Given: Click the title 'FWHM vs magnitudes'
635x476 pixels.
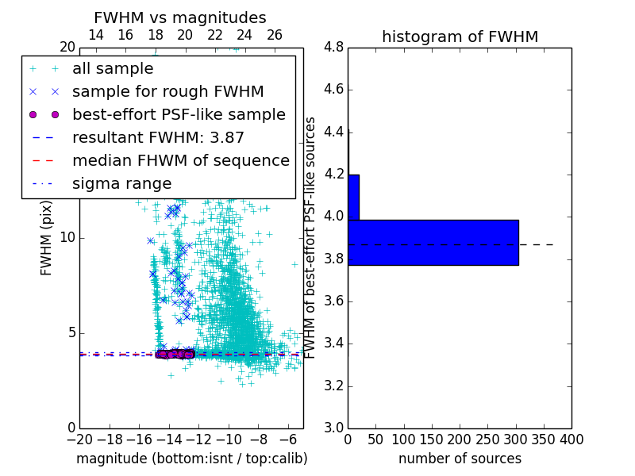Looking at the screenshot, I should tap(179, 18).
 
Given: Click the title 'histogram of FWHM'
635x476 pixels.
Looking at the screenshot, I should tap(460, 36).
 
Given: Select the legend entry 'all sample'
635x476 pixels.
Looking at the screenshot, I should tap(113, 69).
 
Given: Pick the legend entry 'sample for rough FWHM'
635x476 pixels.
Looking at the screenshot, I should tap(167, 91).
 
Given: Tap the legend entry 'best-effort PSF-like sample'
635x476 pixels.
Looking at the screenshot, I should tap(179, 114).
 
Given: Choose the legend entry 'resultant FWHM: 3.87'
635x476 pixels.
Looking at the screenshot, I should tap(158, 137).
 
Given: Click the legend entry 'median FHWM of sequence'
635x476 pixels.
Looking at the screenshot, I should tap(180, 160).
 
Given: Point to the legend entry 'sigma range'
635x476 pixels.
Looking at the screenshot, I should tap(121, 183).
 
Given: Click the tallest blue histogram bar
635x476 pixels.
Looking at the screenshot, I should tap(433, 243).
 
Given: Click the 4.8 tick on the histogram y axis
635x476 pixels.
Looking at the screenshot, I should tap(334, 48).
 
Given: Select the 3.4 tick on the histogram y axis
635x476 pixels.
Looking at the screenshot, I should tap(334, 344).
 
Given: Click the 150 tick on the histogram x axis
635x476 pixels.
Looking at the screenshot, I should tap(432, 440).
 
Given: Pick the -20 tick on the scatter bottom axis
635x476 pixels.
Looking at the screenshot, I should tap(79, 440).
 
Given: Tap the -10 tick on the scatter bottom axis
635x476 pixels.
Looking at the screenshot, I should tap(229, 440).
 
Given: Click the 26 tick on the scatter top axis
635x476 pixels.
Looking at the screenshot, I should tap(274, 35).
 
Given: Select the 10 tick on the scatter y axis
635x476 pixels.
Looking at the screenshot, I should tap(67, 238).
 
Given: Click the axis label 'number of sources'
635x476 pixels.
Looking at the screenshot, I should tap(460, 459).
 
